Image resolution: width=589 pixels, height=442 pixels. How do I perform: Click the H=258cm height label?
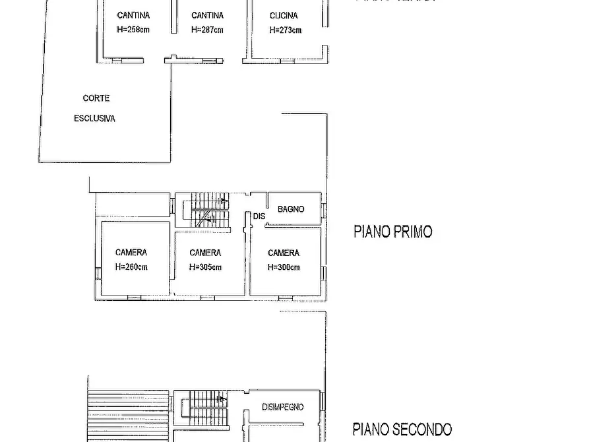[133, 30]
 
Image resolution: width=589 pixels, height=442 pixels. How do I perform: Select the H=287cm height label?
[207, 30]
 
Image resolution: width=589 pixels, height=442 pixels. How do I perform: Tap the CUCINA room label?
[284, 15]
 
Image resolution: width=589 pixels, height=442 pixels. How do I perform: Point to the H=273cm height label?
[285, 30]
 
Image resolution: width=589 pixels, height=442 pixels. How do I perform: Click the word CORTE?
[96, 98]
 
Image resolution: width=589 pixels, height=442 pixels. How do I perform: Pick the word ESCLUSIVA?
[94, 119]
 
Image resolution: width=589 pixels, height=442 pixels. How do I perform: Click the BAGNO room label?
[291, 209]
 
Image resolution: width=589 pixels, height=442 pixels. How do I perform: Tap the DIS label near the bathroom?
[259, 216]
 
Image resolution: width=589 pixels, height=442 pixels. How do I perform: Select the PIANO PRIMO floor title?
[392, 232]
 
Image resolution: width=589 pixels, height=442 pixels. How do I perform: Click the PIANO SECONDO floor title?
[402, 429]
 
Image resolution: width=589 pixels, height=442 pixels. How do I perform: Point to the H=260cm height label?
[131, 267]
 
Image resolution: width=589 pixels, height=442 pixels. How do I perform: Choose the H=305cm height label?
[205, 267]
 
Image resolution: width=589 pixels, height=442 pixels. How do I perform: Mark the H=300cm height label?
[284, 267]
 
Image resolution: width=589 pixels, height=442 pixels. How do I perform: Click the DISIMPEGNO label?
[283, 407]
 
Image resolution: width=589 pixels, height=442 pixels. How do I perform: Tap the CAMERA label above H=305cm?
[205, 253]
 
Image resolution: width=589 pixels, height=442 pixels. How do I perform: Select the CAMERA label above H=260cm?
[131, 253]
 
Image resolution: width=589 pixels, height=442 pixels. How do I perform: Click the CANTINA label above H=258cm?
[133, 15]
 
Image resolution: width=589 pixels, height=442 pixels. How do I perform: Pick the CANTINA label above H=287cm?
[207, 15]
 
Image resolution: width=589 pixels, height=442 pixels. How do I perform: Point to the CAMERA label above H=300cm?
[284, 253]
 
